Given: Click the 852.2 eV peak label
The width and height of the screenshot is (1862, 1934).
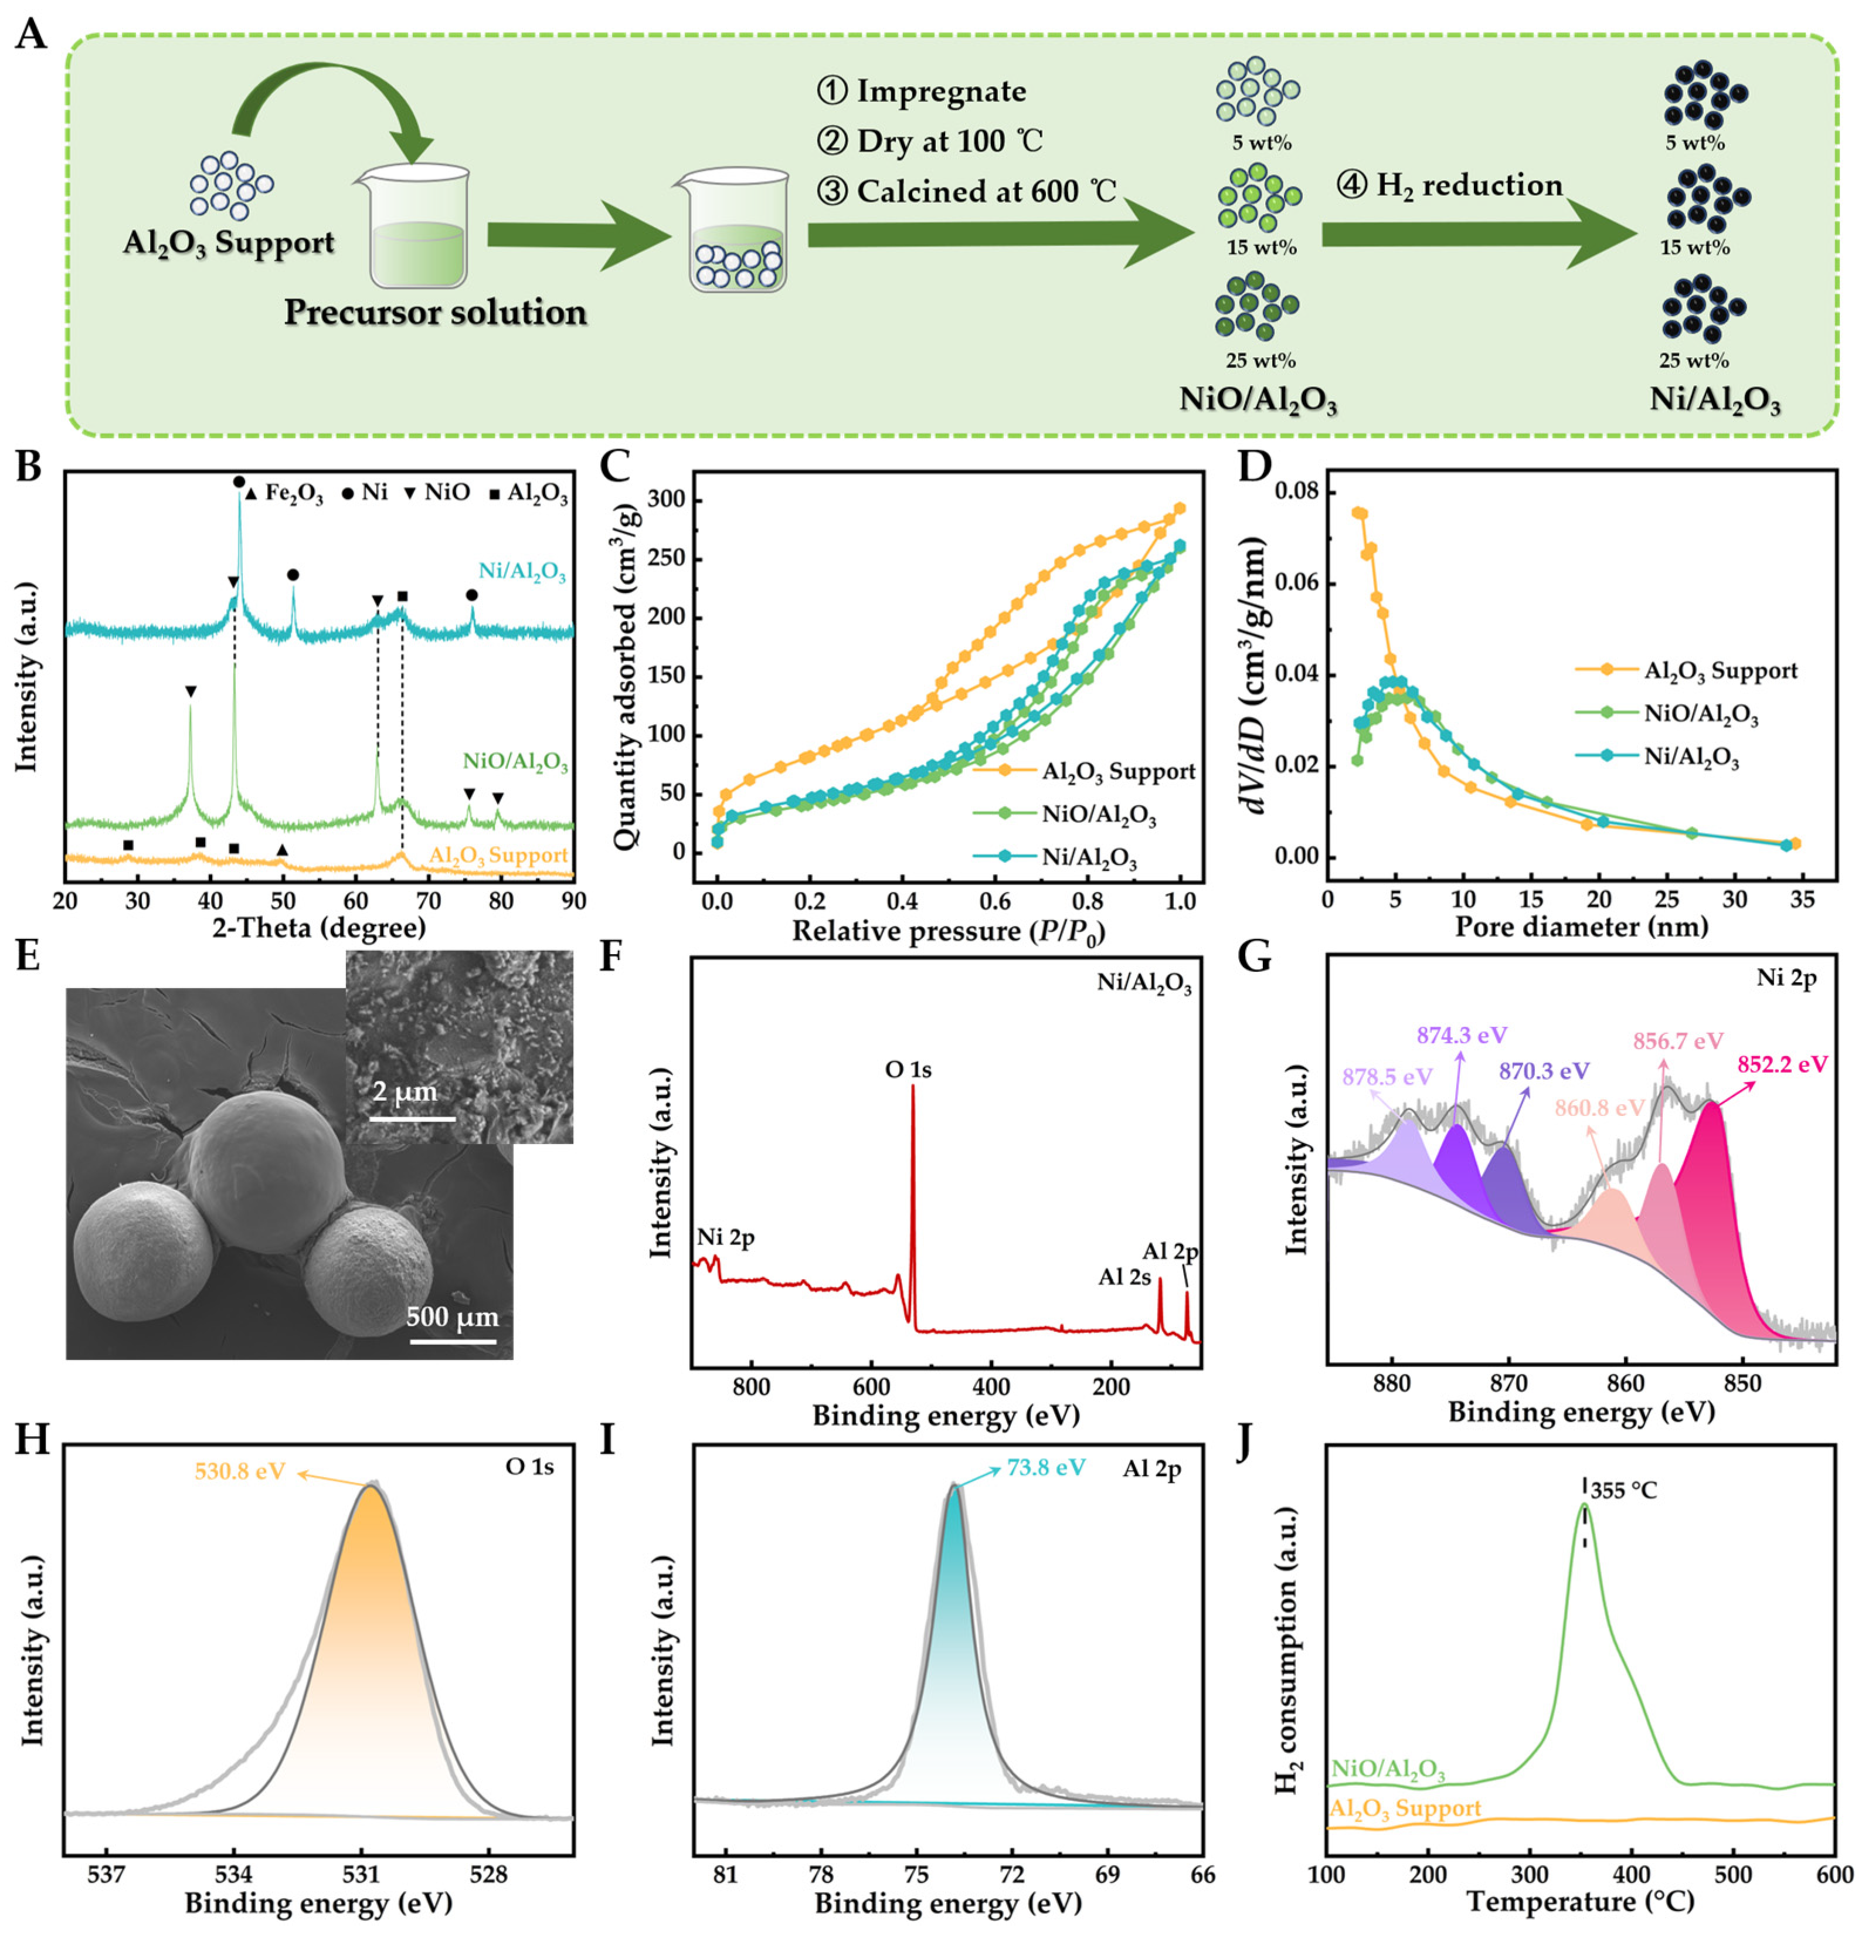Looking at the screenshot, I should coord(1782,1064).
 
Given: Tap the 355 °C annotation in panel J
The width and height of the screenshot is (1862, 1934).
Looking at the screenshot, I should coord(1623,1490).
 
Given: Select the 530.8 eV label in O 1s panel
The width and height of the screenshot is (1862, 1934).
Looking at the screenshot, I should coord(241,1471).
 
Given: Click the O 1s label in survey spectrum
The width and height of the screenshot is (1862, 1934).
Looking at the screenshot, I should coord(907,1068).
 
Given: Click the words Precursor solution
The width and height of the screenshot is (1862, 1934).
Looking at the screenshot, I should coord(435,313).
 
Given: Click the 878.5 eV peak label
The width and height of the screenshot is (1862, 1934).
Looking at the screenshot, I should coord(1387,1075).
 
